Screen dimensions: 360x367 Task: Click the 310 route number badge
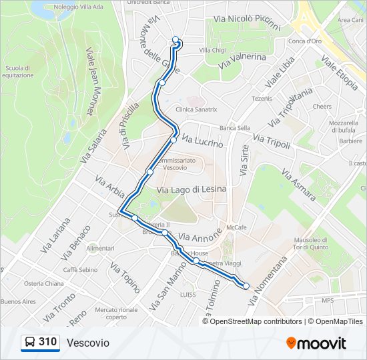[40, 343]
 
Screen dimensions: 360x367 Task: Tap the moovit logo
[316, 343]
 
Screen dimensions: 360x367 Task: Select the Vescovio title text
[88, 343]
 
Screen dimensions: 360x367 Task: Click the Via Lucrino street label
[202, 142]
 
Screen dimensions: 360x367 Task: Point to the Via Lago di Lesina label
[192, 189]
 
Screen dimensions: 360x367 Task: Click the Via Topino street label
[124, 277]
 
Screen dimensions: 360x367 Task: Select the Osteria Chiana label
[44, 283]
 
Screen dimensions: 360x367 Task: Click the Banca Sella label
[234, 128]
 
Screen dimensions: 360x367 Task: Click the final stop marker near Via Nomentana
[246, 286]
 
